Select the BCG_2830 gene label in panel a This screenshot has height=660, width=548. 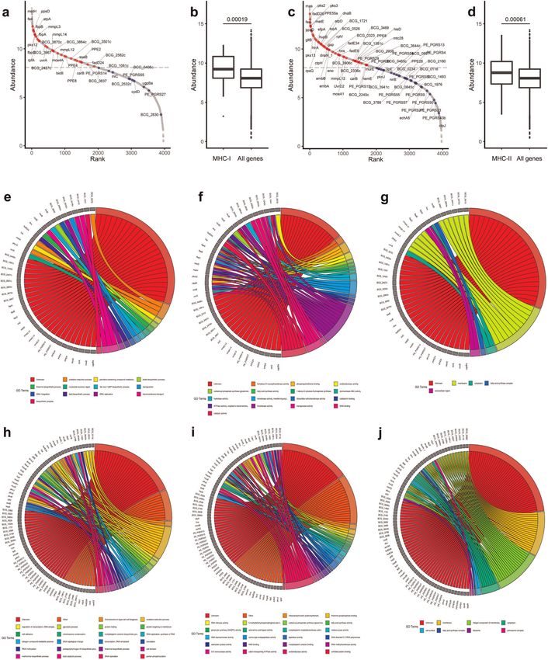click(150, 114)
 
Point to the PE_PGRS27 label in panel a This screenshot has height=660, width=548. click(155, 94)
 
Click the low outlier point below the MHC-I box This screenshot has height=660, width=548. click(223, 116)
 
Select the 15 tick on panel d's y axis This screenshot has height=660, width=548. click(471, 23)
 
